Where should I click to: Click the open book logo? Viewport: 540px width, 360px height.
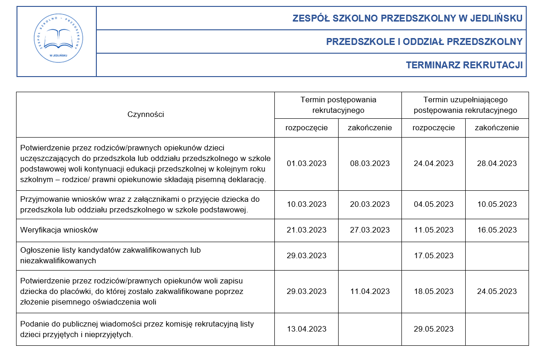pos(57,40)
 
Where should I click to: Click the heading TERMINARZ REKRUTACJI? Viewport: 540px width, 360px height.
pos(464,65)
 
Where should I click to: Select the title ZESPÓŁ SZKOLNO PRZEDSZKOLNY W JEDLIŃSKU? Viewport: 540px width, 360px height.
pos(407,18)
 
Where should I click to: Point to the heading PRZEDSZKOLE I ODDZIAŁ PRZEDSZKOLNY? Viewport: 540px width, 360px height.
pos(424,42)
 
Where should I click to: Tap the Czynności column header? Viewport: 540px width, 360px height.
pos(145,114)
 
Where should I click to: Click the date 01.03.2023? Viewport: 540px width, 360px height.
pos(306,163)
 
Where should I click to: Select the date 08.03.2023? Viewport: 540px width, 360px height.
pos(370,163)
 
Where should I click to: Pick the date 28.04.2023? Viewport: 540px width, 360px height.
pos(497,163)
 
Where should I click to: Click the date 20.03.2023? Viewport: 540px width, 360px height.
pos(370,204)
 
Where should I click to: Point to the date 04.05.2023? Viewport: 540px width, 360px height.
pos(434,204)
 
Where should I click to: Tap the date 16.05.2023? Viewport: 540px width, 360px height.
pos(497,230)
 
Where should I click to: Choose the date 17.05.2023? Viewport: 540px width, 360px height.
pos(434,255)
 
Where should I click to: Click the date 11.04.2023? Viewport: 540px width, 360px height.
pos(370,291)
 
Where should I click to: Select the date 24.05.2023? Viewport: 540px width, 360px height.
pos(497,291)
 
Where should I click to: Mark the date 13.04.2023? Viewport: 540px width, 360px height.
pos(306,329)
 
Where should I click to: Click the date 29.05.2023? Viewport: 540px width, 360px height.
pos(434,329)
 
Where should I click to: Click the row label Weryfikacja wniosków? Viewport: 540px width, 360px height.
pos(59,230)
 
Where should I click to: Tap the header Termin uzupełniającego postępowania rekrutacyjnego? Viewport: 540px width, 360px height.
pos(465,105)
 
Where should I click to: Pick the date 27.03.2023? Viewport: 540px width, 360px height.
pos(370,230)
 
